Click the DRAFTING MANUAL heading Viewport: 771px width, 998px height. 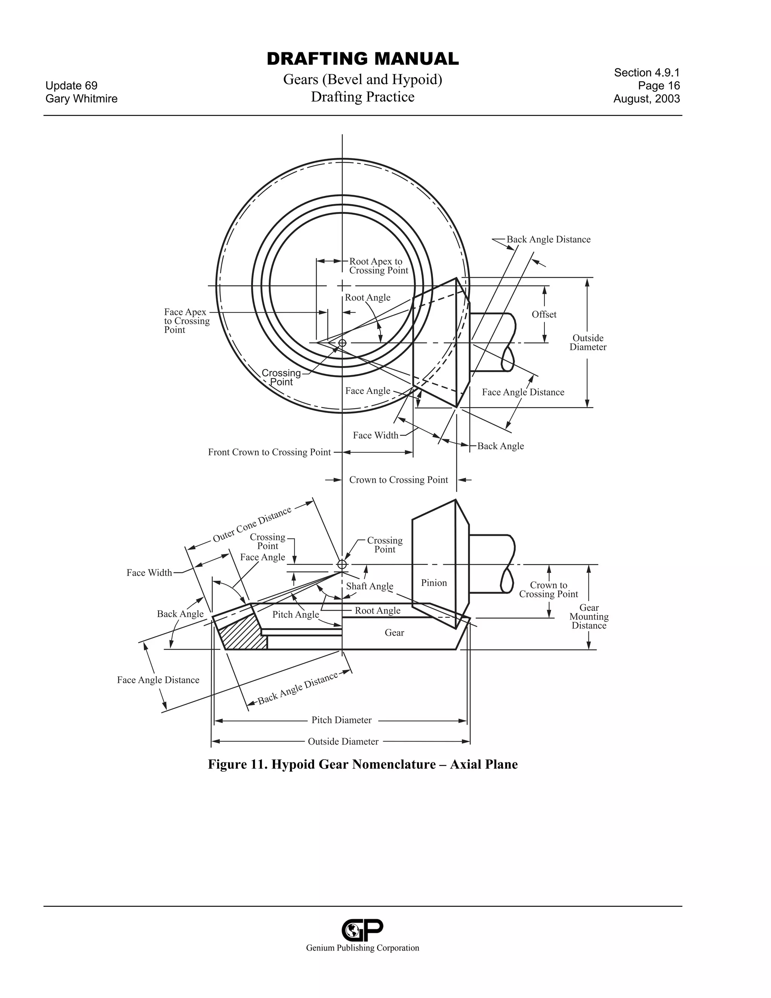click(363, 59)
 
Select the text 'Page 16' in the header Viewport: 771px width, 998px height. click(659, 85)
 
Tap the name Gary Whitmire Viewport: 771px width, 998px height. click(81, 99)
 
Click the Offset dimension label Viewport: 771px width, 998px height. click(544, 314)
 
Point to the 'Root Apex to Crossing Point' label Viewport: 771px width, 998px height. click(378, 266)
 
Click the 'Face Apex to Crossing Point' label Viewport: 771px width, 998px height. click(186, 321)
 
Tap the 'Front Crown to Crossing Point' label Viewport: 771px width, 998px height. click(269, 452)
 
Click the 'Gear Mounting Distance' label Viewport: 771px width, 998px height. click(589, 617)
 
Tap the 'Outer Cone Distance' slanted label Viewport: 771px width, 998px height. click(252, 525)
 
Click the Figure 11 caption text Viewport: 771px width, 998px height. click(363, 764)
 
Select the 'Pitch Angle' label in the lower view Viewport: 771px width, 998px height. click(296, 614)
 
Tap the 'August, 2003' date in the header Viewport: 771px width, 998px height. click(646, 99)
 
